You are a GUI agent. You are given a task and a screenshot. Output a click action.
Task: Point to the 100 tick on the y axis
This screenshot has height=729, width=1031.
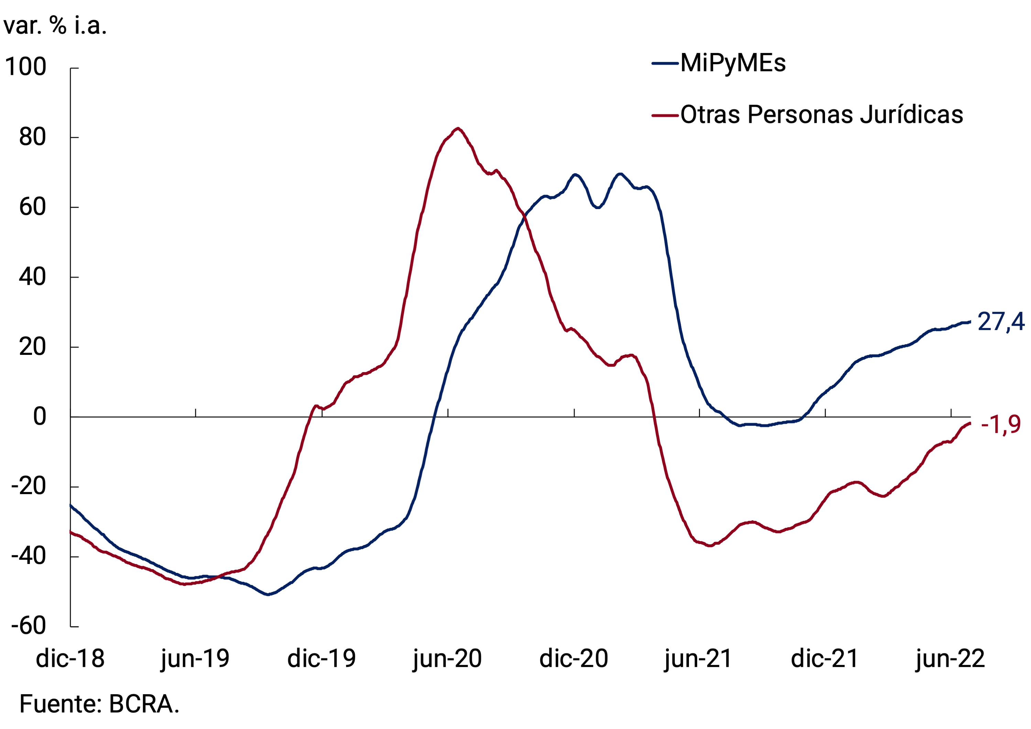coord(25,67)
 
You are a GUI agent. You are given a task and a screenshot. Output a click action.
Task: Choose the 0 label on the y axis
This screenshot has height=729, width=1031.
coord(40,417)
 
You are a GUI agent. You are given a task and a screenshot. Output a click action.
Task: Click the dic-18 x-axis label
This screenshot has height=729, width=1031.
coord(70,659)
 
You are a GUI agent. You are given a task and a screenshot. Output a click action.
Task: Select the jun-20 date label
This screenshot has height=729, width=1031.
coord(447,659)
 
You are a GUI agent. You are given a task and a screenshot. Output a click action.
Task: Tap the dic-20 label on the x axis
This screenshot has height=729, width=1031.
coord(573,659)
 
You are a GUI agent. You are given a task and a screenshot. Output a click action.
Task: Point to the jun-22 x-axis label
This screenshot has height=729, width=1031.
coord(951,659)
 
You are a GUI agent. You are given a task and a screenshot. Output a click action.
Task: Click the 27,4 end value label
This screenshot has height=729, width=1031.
coord(1001,322)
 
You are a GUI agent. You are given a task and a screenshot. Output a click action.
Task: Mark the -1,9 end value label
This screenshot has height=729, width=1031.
coord(1001,424)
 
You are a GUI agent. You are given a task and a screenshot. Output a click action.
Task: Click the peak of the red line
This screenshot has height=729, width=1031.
coord(458,129)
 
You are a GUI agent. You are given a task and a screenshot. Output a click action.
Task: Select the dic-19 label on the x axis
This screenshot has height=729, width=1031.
coord(321,659)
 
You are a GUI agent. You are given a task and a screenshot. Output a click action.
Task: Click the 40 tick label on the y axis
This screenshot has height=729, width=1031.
coord(32,277)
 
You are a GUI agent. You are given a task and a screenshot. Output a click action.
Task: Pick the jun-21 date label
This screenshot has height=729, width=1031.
coord(699,659)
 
